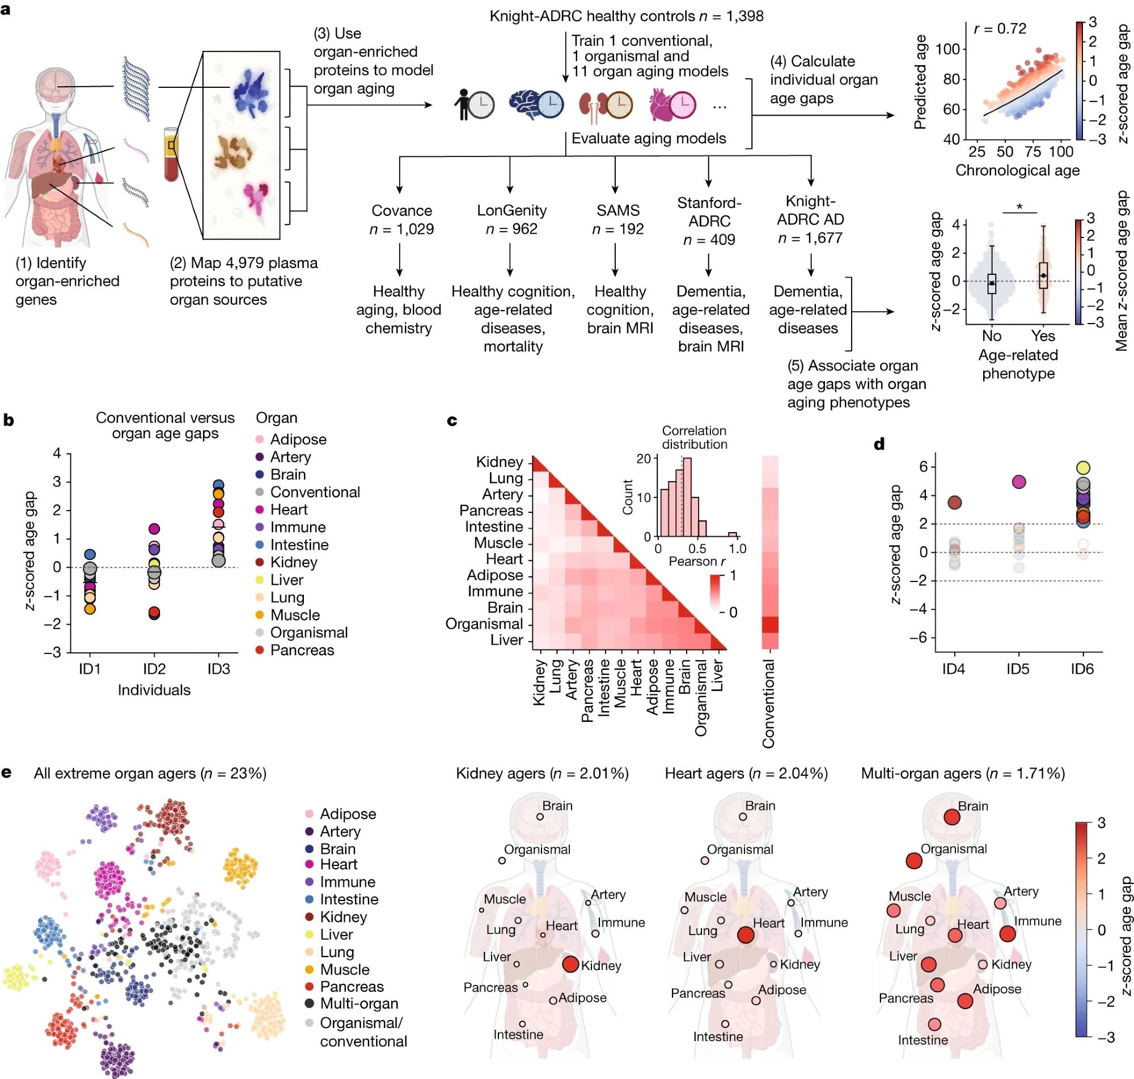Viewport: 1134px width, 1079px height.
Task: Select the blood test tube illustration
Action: pyautogui.click(x=171, y=154)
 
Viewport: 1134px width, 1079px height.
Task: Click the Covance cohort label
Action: pyautogui.click(x=401, y=210)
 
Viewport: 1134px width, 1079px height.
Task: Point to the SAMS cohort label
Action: pyautogui.click(x=617, y=210)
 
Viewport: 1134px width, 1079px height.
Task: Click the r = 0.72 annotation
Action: pyautogui.click(x=1000, y=29)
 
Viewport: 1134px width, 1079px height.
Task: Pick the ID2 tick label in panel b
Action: pyautogui.click(x=154, y=669)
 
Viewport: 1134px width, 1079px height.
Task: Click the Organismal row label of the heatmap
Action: pyautogui.click(x=484, y=624)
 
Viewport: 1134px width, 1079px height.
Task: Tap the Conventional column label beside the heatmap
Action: pyautogui.click(x=769, y=703)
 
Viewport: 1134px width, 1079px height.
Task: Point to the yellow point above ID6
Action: pyautogui.click(x=1083, y=468)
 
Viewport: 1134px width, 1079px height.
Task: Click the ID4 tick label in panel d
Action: pyautogui.click(x=954, y=669)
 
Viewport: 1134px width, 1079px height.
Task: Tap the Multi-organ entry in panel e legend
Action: pyautogui.click(x=358, y=1004)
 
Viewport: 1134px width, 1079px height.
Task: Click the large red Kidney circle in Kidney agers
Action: pyautogui.click(x=570, y=964)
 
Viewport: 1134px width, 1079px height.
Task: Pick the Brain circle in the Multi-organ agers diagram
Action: pyautogui.click(x=951, y=817)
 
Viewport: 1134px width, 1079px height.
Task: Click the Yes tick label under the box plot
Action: pyautogui.click(x=1043, y=336)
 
